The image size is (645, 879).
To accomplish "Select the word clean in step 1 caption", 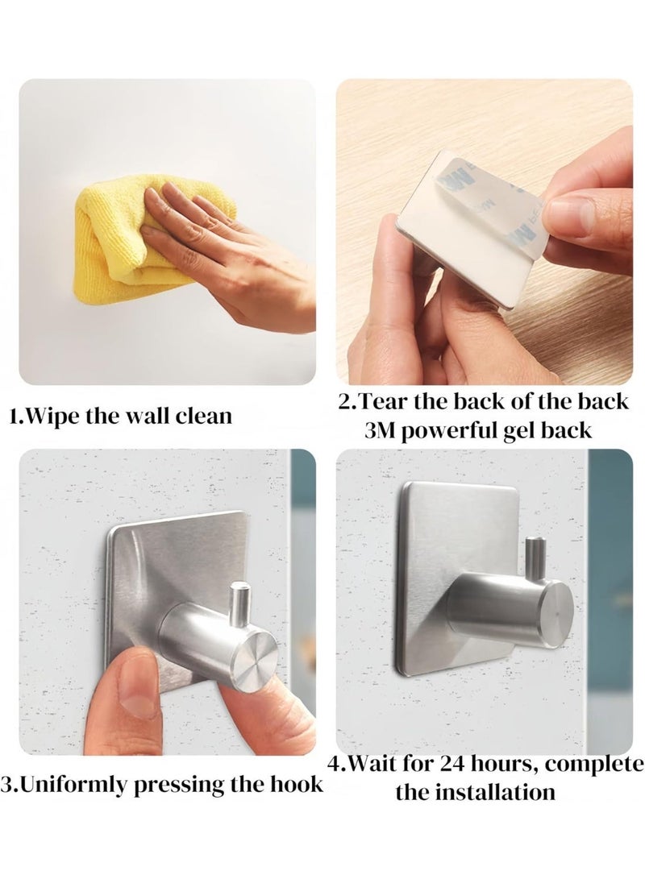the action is click(x=204, y=417).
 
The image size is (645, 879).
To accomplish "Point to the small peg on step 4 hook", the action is click(x=535, y=554).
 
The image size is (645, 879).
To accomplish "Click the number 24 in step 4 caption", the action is click(x=453, y=764).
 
